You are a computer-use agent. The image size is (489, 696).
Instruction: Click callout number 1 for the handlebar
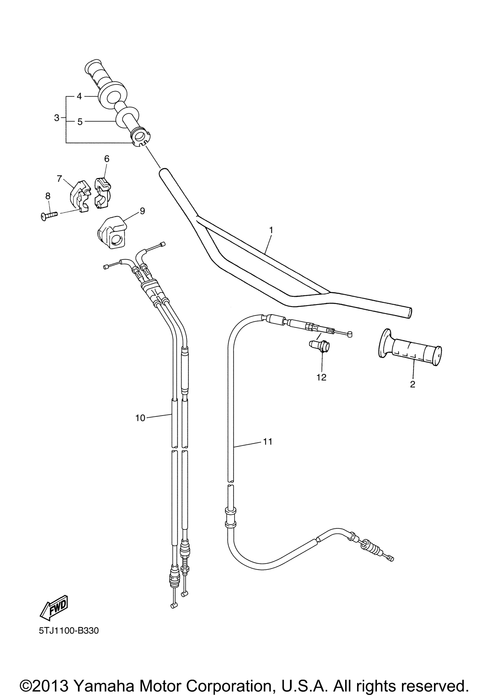(x=271, y=230)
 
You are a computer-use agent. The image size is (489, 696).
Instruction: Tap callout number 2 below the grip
(x=412, y=384)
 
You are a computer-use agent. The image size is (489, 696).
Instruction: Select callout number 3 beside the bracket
(x=57, y=118)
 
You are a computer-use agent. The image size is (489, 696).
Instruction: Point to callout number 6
(x=106, y=158)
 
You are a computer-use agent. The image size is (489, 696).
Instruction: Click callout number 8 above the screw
(x=48, y=196)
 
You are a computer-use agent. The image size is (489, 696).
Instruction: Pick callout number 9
(x=142, y=211)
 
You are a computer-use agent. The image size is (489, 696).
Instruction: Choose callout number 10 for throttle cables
(x=140, y=418)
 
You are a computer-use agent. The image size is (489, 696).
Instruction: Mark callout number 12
(x=321, y=377)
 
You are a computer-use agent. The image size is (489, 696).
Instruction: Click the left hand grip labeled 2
(x=410, y=347)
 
